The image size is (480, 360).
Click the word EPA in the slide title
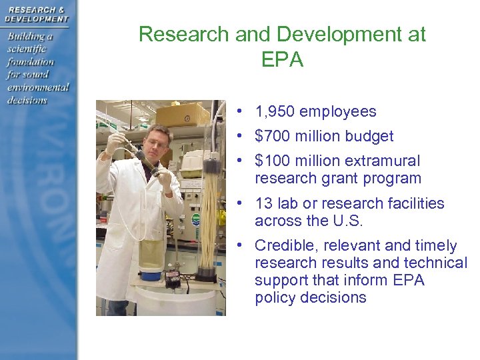pyautogui.click(x=283, y=60)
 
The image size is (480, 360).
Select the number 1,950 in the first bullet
pyautogui.click(x=276, y=112)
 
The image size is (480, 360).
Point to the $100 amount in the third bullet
pyautogui.click(x=273, y=161)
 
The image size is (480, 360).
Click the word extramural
pyautogui.click(x=383, y=161)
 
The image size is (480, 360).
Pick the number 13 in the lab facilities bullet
pyautogui.click(x=263, y=204)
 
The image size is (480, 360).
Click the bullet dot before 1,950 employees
pyautogui.click(x=238, y=113)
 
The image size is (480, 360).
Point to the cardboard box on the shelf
pyautogui.click(x=183, y=114)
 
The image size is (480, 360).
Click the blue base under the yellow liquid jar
pyautogui.click(x=151, y=273)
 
